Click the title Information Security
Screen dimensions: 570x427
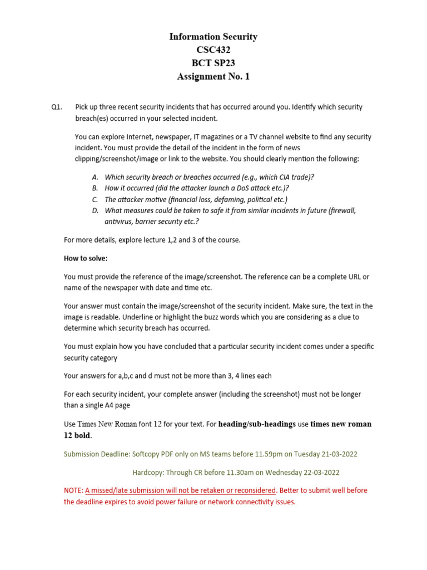click(x=213, y=37)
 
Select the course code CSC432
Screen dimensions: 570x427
click(x=213, y=50)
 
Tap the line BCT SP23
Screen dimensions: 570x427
click(x=213, y=63)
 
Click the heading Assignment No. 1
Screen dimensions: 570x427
click(x=213, y=77)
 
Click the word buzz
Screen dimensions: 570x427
click(x=239, y=317)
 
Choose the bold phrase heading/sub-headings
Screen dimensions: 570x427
click(x=257, y=424)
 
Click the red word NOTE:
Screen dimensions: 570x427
click(x=73, y=490)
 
